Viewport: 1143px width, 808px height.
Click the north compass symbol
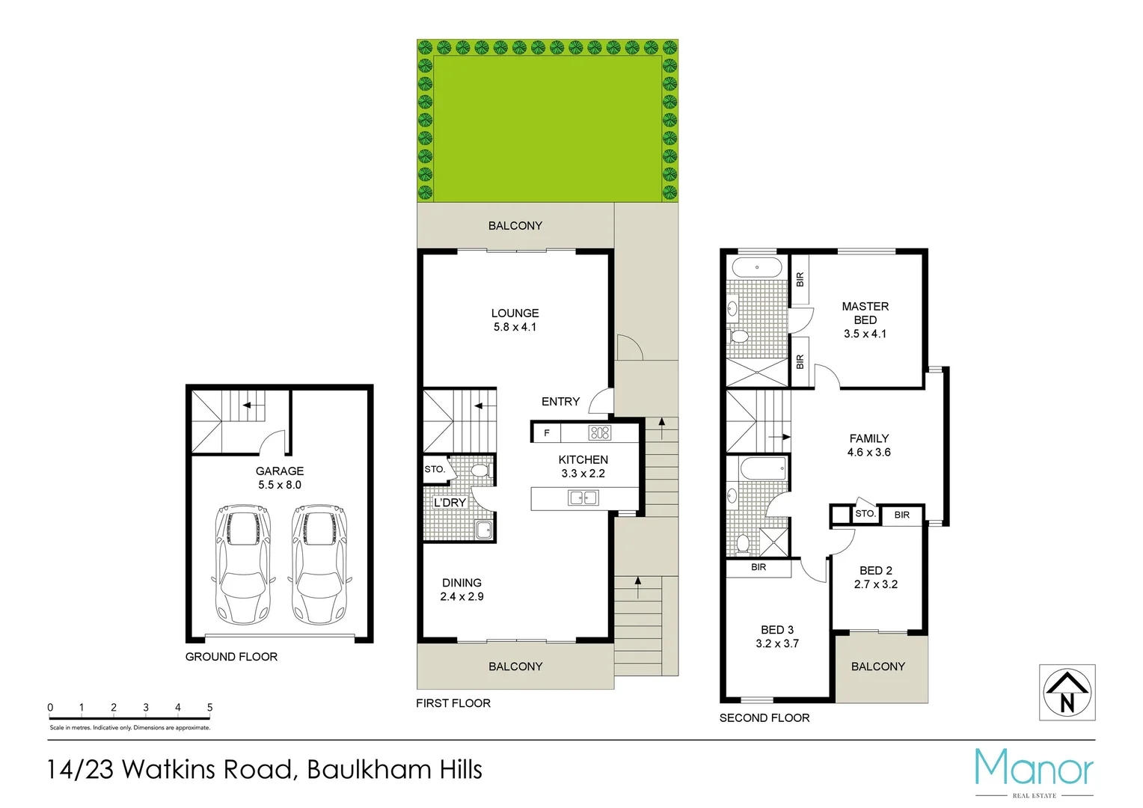pos(1067,693)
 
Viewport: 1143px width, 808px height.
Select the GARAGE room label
pos(280,471)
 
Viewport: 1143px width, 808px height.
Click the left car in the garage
pos(242,564)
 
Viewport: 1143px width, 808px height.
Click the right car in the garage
pos(319,564)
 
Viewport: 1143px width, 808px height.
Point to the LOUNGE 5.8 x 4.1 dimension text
pos(515,327)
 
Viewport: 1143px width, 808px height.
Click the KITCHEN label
pos(583,460)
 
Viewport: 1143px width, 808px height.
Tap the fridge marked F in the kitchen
pos(547,433)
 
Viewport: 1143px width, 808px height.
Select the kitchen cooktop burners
pos(600,432)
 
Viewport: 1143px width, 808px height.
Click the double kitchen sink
pos(583,498)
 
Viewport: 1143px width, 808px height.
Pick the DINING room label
pos(462,583)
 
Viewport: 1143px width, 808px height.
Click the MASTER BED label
pos(865,313)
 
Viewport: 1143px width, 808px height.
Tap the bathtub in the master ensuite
pos(756,267)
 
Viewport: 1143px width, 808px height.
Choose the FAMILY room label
pos(868,438)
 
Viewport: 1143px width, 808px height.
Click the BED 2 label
pos(875,571)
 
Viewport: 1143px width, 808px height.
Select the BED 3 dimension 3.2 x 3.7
pos(777,643)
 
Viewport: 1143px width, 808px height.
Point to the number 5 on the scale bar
pos(209,707)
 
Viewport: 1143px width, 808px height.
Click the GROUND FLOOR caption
pos(231,657)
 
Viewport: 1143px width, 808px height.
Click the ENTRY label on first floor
pos(560,402)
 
